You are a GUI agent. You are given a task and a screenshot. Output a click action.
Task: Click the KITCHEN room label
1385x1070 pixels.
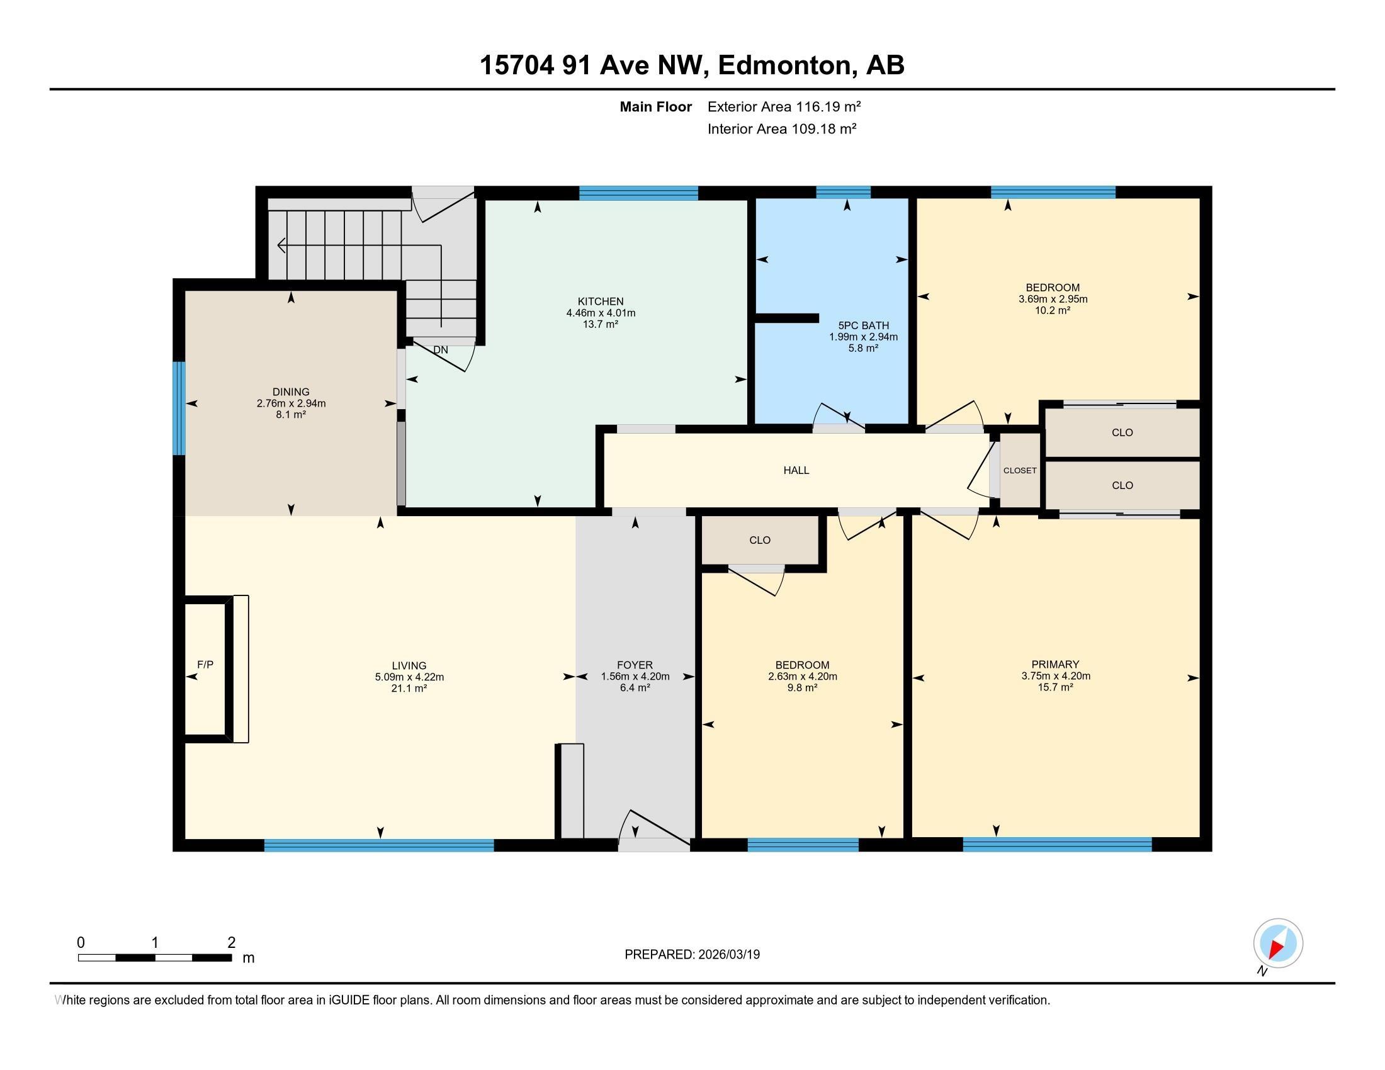pyautogui.click(x=601, y=301)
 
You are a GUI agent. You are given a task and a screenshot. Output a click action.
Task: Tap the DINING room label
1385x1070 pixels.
pyautogui.click(x=291, y=391)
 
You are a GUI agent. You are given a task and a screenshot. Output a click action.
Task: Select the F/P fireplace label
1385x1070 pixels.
pyautogui.click(x=205, y=664)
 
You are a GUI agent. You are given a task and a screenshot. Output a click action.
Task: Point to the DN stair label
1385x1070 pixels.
pyautogui.click(x=441, y=349)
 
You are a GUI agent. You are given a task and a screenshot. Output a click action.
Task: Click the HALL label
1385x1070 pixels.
pyautogui.click(x=796, y=470)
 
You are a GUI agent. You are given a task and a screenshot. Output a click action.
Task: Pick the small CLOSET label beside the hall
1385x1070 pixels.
pyautogui.click(x=1020, y=470)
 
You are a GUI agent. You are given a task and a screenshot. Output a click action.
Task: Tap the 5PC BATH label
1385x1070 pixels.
pyautogui.click(x=864, y=326)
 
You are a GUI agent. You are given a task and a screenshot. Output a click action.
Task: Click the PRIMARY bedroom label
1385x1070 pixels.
pyautogui.click(x=1055, y=665)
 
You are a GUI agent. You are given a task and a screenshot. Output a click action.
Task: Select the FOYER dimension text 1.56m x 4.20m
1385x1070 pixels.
pyautogui.click(x=635, y=677)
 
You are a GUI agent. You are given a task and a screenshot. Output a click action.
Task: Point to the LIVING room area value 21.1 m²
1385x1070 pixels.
pyautogui.click(x=409, y=688)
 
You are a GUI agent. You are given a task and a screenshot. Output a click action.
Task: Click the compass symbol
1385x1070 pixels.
pyautogui.click(x=1278, y=944)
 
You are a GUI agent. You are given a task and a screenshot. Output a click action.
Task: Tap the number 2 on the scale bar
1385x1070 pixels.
pyautogui.click(x=232, y=943)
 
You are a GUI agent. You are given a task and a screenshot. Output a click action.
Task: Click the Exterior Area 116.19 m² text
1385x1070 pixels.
pyautogui.click(x=784, y=106)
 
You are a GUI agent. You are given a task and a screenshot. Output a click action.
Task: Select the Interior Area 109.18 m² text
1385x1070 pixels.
pyautogui.click(x=782, y=129)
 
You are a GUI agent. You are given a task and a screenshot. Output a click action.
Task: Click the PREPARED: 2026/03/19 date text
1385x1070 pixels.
pyautogui.click(x=692, y=955)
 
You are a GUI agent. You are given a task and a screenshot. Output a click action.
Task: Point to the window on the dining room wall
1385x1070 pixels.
pyautogui.click(x=179, y=408)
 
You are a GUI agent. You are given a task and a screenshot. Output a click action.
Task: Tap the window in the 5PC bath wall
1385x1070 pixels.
pyautogui.click(x=843, y=192)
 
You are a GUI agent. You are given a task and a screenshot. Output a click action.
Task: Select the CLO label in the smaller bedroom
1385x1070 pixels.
pyautogui.click(x=760, y=540)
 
